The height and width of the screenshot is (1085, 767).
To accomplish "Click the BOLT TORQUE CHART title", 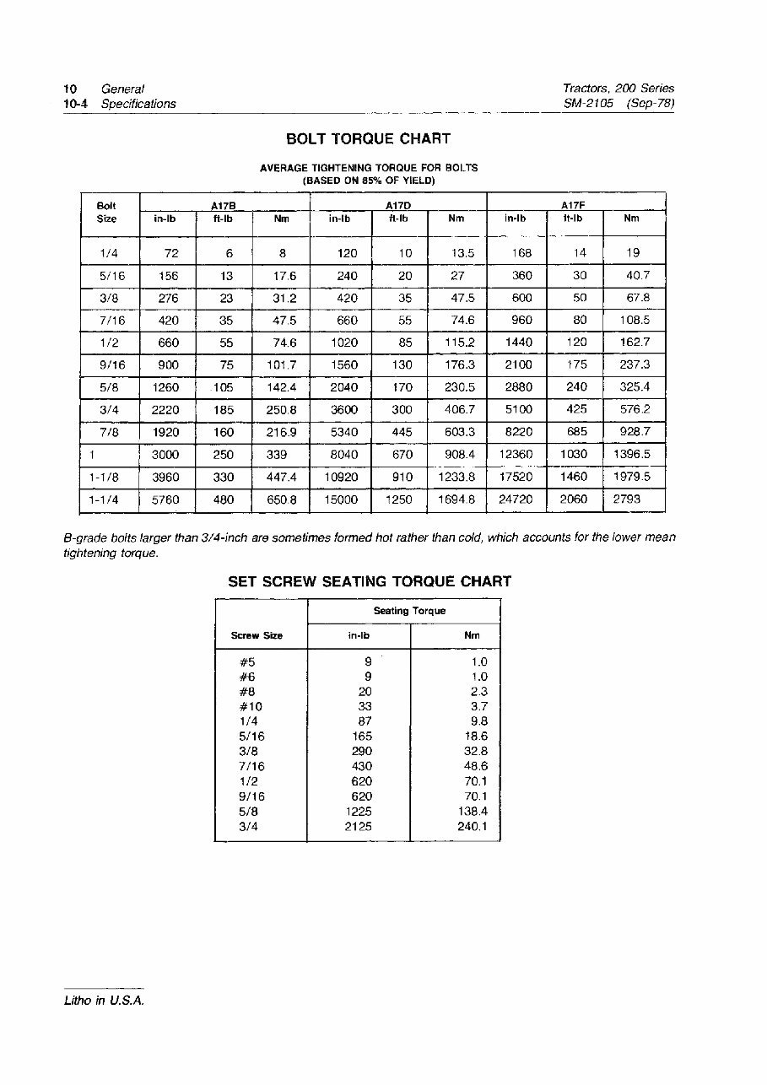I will click(x=368, y=139).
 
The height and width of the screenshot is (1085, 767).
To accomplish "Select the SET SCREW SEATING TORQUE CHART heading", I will click(x=370, y=582).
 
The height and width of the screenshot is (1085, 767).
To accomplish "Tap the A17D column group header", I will click(x=397, y=205).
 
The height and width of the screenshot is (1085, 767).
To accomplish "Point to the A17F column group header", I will click(x=575, y=205).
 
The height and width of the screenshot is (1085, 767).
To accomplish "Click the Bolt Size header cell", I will click(x=106, y=213).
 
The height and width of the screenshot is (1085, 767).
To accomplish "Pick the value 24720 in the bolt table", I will click(x=516, y=499).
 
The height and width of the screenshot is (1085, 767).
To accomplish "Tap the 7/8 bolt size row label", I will click(x=107, y=432).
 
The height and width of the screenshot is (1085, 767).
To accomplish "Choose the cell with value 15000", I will click(x=341, y=499).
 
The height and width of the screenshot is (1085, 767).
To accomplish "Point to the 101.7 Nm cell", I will click(x=280, y=364).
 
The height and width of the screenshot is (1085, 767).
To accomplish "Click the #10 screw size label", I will click(x=251, y=706).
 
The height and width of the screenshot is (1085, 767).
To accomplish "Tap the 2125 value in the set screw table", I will click(x=359, y=827).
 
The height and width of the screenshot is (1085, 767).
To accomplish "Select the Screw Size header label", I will click(x=257, y=635).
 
